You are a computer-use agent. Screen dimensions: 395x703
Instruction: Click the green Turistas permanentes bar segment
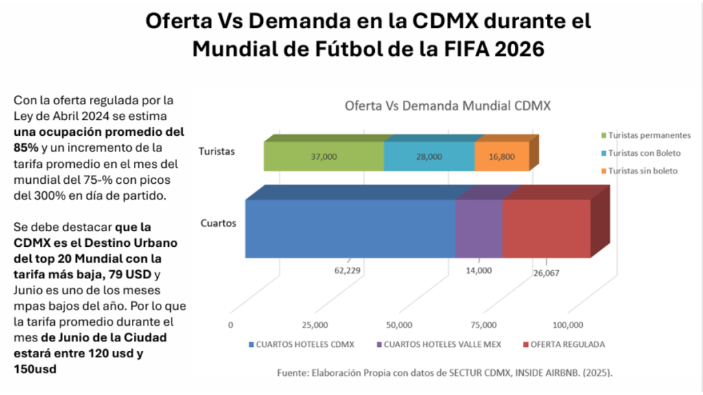[x=323, y=156]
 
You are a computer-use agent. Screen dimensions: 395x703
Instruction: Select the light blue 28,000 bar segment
[x=429, y=156]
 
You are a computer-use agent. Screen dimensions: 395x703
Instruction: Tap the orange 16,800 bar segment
[x=502, y=156]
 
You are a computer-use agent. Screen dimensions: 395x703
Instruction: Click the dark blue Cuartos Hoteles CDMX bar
[x=350, y=228]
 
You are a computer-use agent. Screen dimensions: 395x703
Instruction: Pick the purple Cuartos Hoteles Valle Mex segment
[x=479, y=228]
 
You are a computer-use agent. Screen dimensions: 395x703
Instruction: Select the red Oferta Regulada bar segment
[x=546, y=228]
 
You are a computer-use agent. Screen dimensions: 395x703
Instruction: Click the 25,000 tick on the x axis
[x=315, y=325]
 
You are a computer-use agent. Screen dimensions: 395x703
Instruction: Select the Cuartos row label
[x=218, y=223]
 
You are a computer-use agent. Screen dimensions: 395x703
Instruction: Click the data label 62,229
[x=347, y=270]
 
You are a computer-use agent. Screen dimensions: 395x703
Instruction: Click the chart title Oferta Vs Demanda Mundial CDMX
[x=448, y=106]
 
